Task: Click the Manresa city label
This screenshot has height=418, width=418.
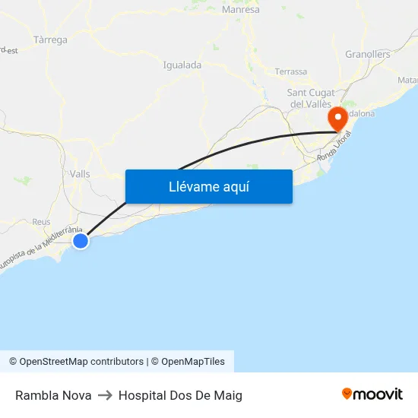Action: tap(241, 10)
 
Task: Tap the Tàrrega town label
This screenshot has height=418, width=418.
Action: tap(51, 40)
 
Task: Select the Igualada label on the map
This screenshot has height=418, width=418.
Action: tap(182, 65)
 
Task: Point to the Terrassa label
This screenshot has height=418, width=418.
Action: tap(291, 71)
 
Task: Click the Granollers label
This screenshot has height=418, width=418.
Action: tap(368, 54)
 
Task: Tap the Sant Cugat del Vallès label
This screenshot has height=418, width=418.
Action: tap(311, 98)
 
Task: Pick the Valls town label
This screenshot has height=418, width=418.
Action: tap(80, 174)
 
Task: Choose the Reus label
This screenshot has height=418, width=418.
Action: tap(41, 222)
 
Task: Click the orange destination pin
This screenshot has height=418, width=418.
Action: tap(337, 119)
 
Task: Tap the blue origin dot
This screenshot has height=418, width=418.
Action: tap(80, 241)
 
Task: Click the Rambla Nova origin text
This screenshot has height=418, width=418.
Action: tap(53, 395)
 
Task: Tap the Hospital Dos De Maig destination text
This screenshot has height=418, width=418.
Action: tap(180, 395)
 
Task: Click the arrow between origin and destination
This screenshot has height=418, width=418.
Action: tap(105, 395)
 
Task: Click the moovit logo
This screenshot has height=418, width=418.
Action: tap(372, 394)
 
